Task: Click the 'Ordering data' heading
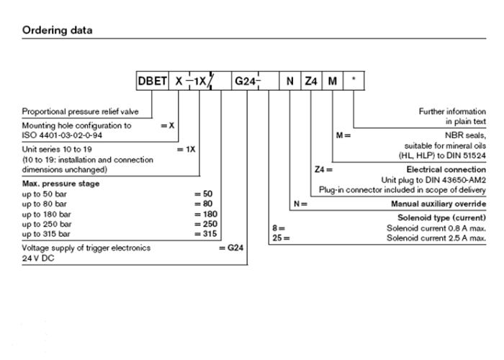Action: (57, 30)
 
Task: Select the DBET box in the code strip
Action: (153, 81)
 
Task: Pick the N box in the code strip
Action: (290, 81)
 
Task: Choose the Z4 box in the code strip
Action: (311, 81)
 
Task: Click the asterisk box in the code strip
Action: (354, 81)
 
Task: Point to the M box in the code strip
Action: (333, 81)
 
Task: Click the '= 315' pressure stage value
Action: (206, 234)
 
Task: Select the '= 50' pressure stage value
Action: (204, 194)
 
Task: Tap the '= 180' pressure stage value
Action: (206, 214)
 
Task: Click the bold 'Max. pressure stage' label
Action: (60, 184)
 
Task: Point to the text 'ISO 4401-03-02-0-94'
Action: (62, 135)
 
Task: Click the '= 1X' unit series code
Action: (186, 150)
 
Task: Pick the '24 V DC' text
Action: (38, 258)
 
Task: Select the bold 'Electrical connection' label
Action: (446, 169)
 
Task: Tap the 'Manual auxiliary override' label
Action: (438, 204)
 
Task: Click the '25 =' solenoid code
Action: (281, 238)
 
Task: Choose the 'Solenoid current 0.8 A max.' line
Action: (436, 228)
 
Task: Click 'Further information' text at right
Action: (452, 112)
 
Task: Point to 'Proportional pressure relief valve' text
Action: (80, 112)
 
